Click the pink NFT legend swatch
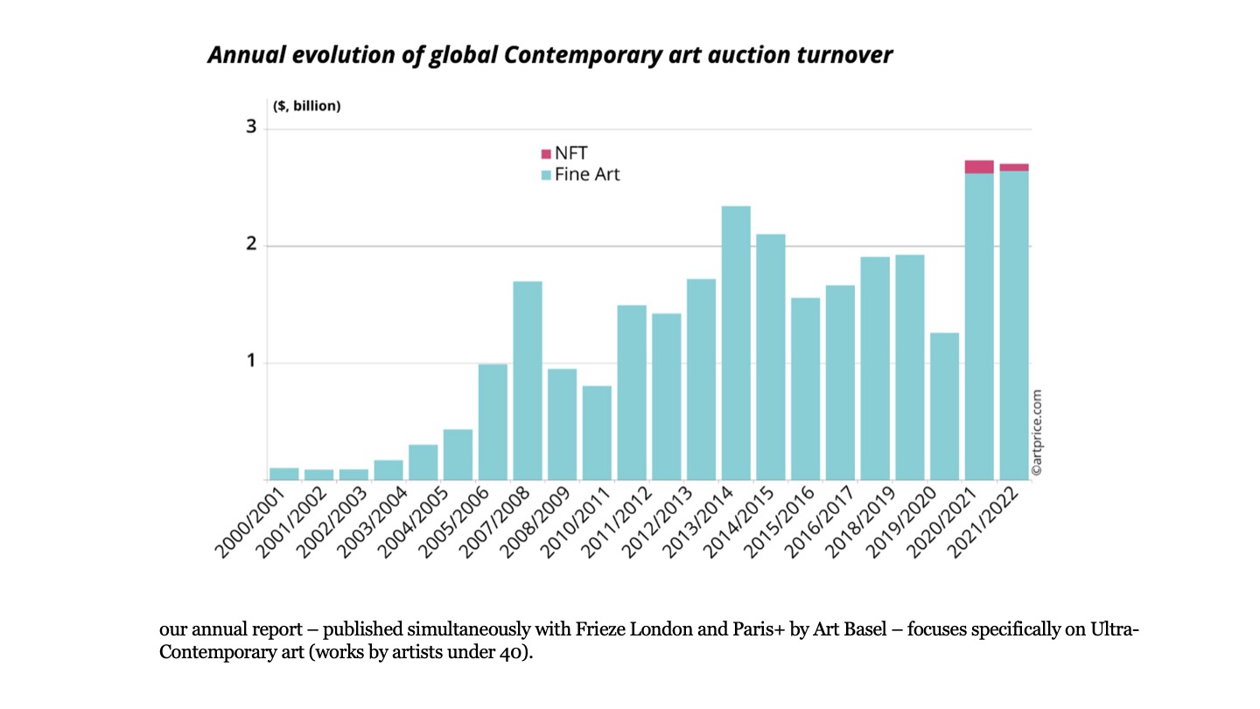pos(546,154)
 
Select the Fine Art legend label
pos(587,174)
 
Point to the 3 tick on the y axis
pos(252,128)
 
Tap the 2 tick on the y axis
pos(252,244)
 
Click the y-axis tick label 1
pos(252,361)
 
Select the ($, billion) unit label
pos(306,107)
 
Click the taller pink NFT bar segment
pos(979,166)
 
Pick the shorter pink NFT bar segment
pos(1014,167)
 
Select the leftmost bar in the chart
pos(284,474)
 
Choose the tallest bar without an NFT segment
pos(736,341)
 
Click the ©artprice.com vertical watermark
pos(1037,432)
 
